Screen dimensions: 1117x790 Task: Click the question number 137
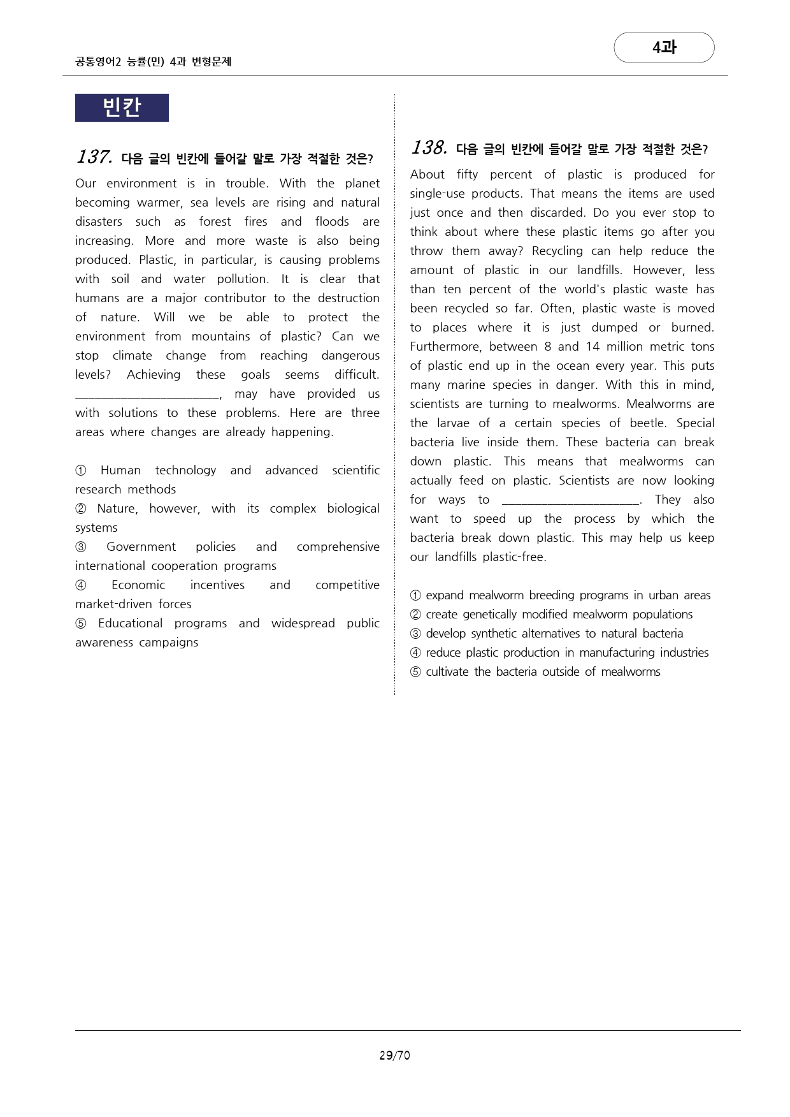click(x=94, y=157)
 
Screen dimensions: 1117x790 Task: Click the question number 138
click(x=429, y=148)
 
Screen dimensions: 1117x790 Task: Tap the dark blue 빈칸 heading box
click(x=122, y=107)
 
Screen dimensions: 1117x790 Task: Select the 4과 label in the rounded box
click(x=664, y=47)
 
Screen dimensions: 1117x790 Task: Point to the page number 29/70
click(x=394, y=1055)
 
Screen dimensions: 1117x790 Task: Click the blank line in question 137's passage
click(x=147, y=395)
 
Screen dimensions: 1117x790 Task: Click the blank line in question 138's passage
click(x=570, y=501)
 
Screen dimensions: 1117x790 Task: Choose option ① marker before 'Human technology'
click(x=81, y=471)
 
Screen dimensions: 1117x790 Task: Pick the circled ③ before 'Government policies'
click(x=81, y=547)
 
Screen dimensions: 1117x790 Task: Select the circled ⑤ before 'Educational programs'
click(x=81, y=624)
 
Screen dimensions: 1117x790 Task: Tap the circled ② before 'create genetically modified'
click(x=415, y=615)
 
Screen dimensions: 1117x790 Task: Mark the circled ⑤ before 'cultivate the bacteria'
click(x=415, y=672)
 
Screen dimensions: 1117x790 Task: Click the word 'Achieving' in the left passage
click(x=154, y=375)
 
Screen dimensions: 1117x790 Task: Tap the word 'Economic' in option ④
click(x=138, y=585)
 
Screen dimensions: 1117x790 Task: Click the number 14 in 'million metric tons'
click(x=592, y=347)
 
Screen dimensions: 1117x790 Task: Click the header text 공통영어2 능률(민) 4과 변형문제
click(x=153, y=62)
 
